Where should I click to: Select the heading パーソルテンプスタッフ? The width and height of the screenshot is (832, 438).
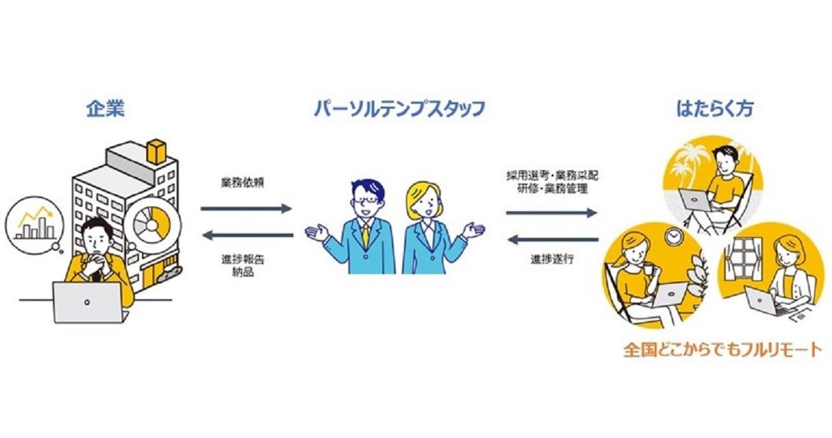coord(399,109)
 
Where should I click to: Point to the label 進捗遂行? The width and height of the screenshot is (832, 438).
coord(551,259)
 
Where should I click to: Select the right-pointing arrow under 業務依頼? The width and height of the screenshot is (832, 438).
coord(246,208)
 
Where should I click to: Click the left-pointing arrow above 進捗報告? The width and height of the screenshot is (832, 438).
coord(246,235)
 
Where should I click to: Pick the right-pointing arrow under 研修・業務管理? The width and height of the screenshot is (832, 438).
coord(552,213)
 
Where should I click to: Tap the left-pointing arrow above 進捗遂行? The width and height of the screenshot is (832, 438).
coord(552,240)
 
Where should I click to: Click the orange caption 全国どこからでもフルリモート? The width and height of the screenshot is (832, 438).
coord(722,351)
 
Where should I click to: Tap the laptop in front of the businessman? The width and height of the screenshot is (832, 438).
coord(87,302)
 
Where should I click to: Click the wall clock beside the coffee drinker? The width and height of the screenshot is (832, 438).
coord(672,236)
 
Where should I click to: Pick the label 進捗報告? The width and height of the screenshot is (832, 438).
coord(244,259)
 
